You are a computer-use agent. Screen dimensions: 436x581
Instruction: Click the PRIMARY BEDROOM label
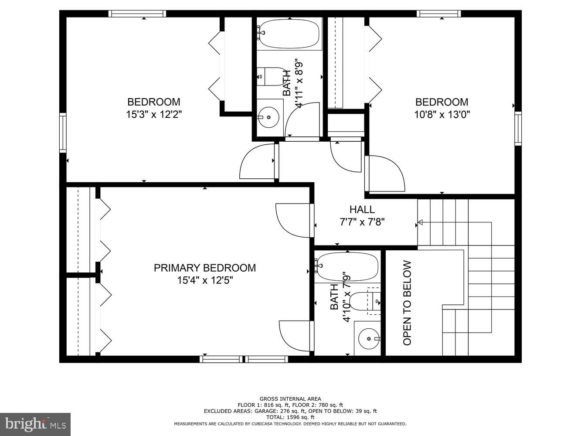pos(204,268)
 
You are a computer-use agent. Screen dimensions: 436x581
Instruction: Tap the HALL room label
pos(362,210)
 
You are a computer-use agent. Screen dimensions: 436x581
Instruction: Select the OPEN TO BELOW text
pos(407,303)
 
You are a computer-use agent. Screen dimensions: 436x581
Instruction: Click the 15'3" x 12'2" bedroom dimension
pos(153,115)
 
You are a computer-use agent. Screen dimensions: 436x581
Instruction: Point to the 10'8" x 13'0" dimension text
pos(442,115)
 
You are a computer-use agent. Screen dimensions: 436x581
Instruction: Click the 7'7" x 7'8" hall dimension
pos(362,222)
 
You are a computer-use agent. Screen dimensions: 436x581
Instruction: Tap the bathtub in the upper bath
pos(289,34)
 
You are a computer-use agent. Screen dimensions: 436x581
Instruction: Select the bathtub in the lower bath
pos(347,267)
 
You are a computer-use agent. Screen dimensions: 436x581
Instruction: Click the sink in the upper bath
pos(268,117)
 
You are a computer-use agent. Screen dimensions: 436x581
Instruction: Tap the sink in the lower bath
pos(369,338)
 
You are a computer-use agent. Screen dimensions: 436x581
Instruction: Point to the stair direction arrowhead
pos(420,223)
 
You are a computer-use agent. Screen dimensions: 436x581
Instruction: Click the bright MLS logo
pos(35,424)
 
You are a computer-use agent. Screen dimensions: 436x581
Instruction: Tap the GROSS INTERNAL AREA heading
pos(290,399)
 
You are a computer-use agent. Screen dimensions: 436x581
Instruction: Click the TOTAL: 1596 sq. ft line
pos(290,417)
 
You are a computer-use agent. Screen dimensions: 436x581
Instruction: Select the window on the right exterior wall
pos(518,128)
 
